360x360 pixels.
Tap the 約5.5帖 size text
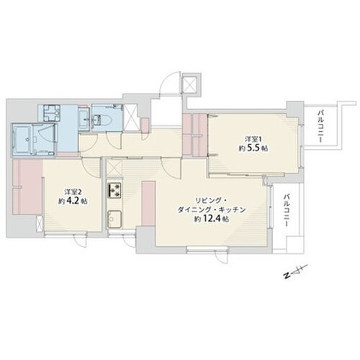pos(253,148)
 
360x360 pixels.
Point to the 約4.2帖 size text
pos(73,201)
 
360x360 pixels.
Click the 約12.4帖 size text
pos(211,219)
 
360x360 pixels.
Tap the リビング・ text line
pos(210,200)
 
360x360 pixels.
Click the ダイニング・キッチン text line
pos(211,210)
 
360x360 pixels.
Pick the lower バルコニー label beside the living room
pos(286,210)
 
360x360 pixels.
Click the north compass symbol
pos(295,272)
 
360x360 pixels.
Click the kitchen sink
pos(114,219)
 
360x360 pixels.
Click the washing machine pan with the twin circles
pos(52,113)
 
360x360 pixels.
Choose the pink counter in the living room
pos(148,204)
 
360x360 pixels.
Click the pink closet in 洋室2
pos(27,187)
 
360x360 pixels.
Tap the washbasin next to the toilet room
pos(84,118)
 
